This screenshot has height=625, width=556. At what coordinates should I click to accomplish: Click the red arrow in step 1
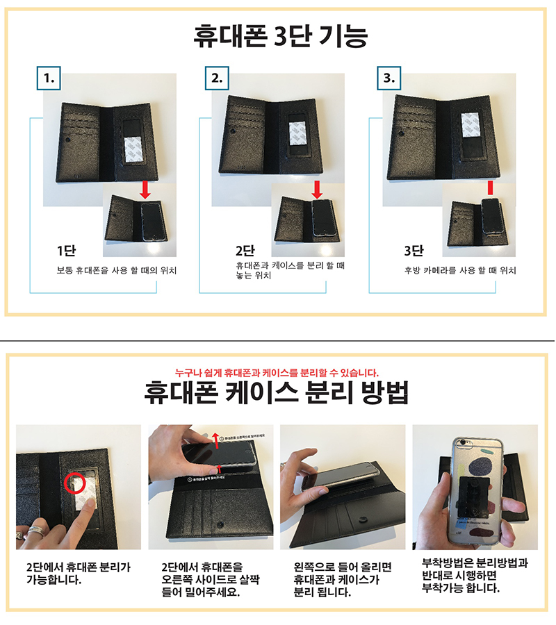[x=144, y=188]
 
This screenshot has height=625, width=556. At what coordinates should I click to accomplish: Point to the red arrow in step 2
[x=316, y=188]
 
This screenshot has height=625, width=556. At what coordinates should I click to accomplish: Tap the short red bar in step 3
[x=490, y=187]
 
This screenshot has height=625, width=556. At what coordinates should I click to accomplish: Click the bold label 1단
[x=67, y=251]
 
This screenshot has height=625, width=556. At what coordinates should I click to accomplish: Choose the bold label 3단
[x=415, y=251]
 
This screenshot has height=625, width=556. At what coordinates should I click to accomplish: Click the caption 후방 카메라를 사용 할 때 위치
[x=460, y=270]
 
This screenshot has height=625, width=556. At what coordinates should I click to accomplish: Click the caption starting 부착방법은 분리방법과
[x=475, y=576]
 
